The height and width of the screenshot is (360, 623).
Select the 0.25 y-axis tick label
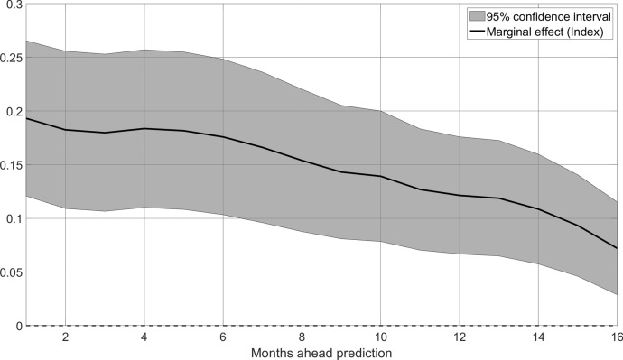(14, 58)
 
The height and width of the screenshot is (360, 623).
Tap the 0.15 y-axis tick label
(14, 165)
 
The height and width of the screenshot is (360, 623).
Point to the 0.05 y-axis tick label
(14, 272)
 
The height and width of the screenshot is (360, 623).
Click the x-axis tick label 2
(65, 337)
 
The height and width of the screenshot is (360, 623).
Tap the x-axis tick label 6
(223, 337)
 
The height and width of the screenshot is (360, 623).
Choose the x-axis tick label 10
(381, 337)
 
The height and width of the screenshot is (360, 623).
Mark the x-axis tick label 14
(539, 337)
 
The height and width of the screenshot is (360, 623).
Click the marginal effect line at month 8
(302, 161)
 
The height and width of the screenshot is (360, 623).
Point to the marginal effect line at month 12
(460, 195)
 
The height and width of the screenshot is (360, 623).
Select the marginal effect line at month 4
(144, 129)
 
